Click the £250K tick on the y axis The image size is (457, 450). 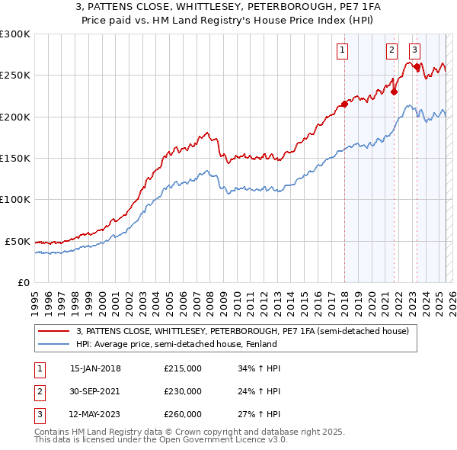click(16, 76)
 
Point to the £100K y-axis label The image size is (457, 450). click(16, 200)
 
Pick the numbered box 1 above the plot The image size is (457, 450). click(343, 51)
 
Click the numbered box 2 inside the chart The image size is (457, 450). click(391, 51)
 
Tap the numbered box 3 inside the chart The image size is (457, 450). click(414, 51)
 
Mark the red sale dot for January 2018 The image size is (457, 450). click(344, 104)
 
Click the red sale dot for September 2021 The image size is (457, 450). click(395, 92)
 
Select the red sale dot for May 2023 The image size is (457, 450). click(417, 67)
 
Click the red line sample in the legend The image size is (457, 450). click(53, 331)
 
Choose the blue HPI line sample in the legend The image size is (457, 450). click(53, 344)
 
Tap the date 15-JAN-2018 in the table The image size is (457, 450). click(95, 368)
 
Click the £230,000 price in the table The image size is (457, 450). click(183, 391)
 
